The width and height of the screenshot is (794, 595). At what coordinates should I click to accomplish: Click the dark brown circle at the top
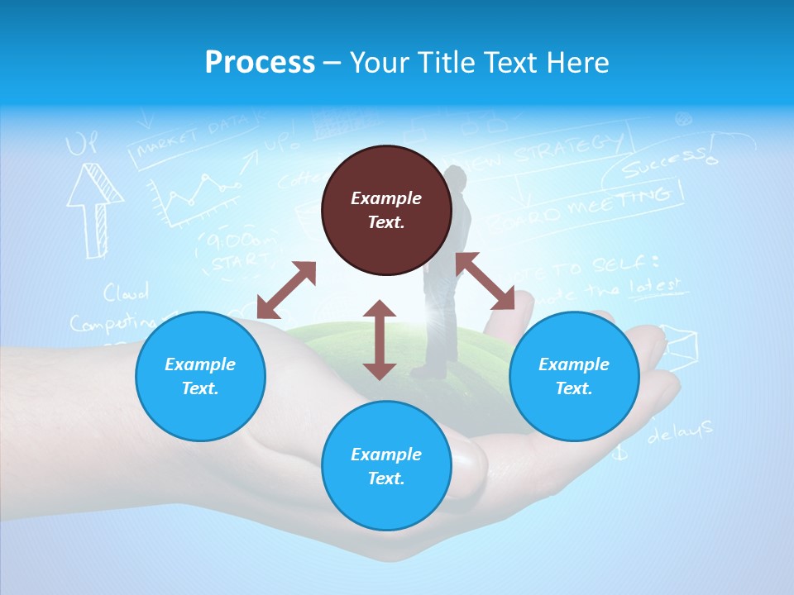pos(386,210)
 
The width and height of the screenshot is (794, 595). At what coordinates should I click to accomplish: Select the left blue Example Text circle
pos(200,376)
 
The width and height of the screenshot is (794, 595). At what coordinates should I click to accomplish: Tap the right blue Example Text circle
pos(574,376)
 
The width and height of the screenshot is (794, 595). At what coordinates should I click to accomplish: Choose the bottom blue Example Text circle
pos(386,466)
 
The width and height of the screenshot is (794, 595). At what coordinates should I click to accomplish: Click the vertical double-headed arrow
pos(380,340)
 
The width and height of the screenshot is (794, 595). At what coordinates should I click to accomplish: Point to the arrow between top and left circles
pos(286,289)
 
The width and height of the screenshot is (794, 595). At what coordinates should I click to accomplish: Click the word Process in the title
pos(260,62)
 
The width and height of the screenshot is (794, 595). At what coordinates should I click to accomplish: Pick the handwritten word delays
pos(680,431)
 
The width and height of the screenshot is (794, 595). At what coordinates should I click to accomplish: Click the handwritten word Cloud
pos(126,293)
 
